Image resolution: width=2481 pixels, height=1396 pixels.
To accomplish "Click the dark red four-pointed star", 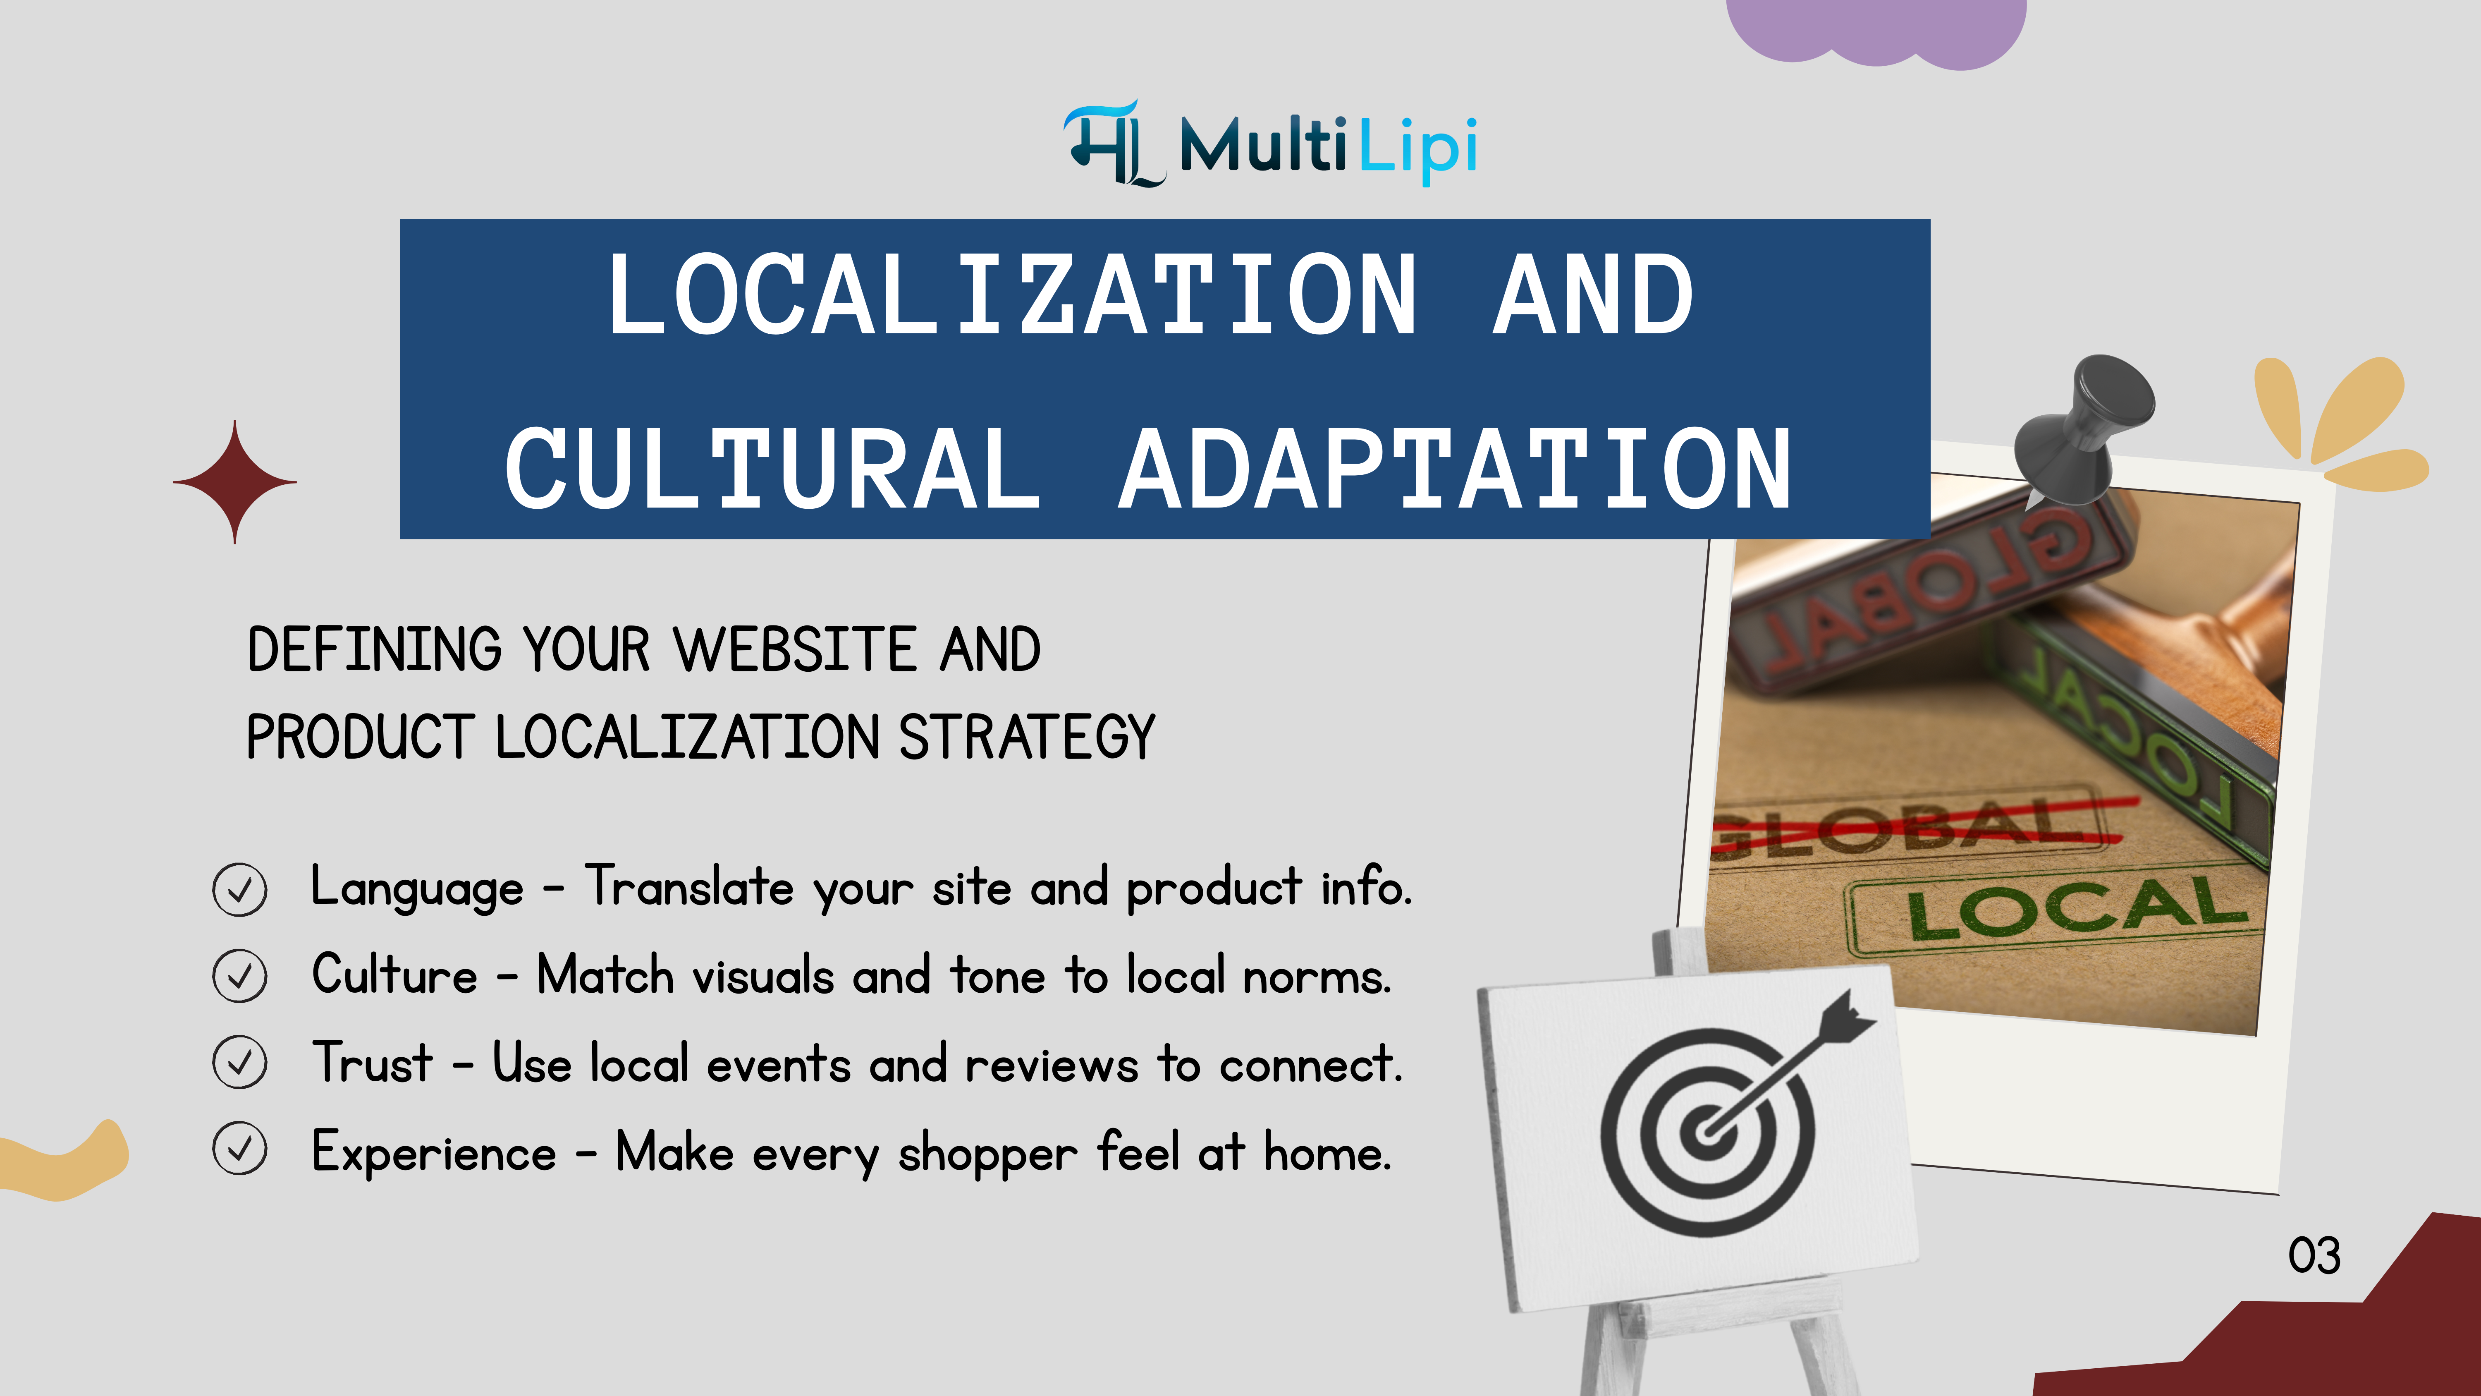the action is [235, 482].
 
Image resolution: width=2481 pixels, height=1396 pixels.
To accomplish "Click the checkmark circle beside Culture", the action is [240, 976].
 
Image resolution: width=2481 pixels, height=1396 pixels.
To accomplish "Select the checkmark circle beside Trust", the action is [240, 1063].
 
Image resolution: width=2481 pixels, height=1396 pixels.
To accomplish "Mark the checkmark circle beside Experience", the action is [240, 1148].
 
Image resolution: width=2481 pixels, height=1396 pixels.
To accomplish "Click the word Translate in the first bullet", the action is [690, 886].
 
